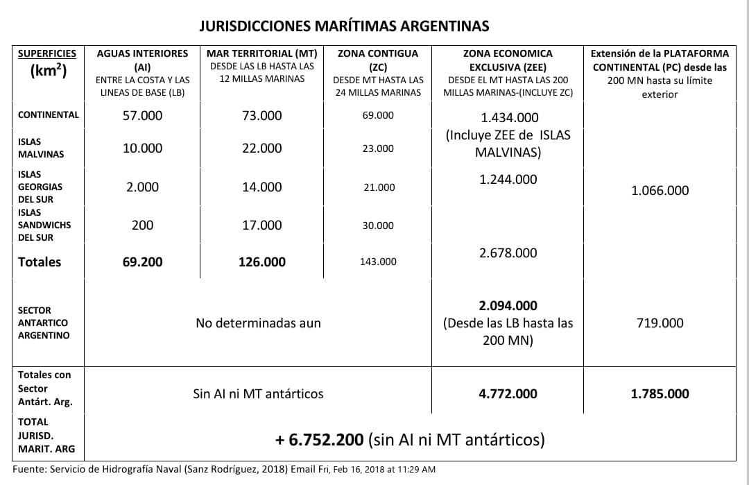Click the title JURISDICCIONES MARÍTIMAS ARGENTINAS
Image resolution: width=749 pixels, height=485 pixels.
pyautogui.click(x=344, y=26)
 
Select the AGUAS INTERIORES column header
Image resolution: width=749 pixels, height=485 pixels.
pyautogui.click(x=142, y=53)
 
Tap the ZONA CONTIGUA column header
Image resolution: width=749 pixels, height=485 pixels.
pyautogui.click(x=378, y=53)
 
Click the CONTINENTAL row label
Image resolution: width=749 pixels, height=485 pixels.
pyautogui.click(x=49, y=115)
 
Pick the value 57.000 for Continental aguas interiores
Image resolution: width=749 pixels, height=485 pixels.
pyautogui.click(x=142, y=116)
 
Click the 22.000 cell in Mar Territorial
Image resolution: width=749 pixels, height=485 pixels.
pyautogui.click(x=261, y=148)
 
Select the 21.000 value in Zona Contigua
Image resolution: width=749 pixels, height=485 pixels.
pyautogui.click(x=378, y=187)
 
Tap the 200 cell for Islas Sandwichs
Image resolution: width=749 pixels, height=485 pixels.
pyautogui.click(x=142, y=226)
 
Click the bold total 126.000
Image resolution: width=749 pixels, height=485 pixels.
pyautogui.click(x=261, y=262)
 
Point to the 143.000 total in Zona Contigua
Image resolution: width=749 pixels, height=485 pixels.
pyautogui.click(x=378, y=262)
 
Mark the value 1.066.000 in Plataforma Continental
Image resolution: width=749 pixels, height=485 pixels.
pyautogui.click(x=660, y=191)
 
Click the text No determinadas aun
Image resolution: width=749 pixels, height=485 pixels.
pyautogui.click(x=258, y=323)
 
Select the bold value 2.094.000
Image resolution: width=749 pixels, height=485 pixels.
pyautogui.click(x=508, y=306)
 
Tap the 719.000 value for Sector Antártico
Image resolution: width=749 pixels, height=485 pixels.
pyautogui.click(x=660, y=323)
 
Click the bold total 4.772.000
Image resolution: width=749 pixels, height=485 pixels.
pyautogui.click(x=508, y=394)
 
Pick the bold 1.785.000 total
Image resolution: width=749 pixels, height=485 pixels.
pyautogui.click(x=660, y=394)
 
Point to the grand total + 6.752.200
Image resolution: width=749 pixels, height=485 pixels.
pyautogui.click(x=319, y=440)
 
